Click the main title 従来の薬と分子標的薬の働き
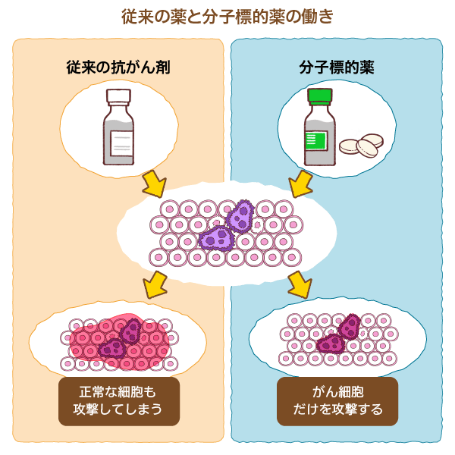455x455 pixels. [227, 16]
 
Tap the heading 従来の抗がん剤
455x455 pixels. [118, 67]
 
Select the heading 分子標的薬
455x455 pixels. [337, 67]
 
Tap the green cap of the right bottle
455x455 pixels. [319, 96]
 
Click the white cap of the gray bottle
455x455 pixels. [119, 97]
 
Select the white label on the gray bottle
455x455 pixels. [120, 141]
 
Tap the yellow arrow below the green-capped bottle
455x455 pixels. [300, 183]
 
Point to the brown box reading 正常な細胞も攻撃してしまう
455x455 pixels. [118, 402]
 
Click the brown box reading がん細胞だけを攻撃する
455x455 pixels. [337, 402]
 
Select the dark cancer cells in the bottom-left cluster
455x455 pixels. [121, 339]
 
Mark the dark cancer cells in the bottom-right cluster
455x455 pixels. [339, 335]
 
